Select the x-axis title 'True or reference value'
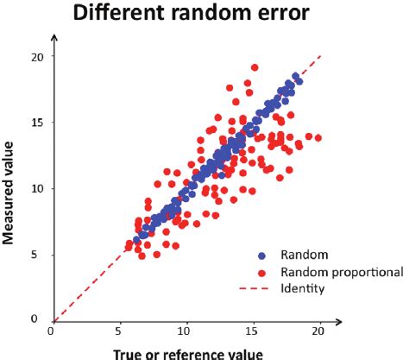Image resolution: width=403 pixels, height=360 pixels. (186, 351)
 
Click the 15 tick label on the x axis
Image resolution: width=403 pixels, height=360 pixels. (253, 331)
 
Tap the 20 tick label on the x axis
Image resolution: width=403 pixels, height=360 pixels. (319, 331)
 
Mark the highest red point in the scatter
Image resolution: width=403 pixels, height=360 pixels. (255, 67)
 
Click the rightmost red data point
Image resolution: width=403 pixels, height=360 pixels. (318, 138)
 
